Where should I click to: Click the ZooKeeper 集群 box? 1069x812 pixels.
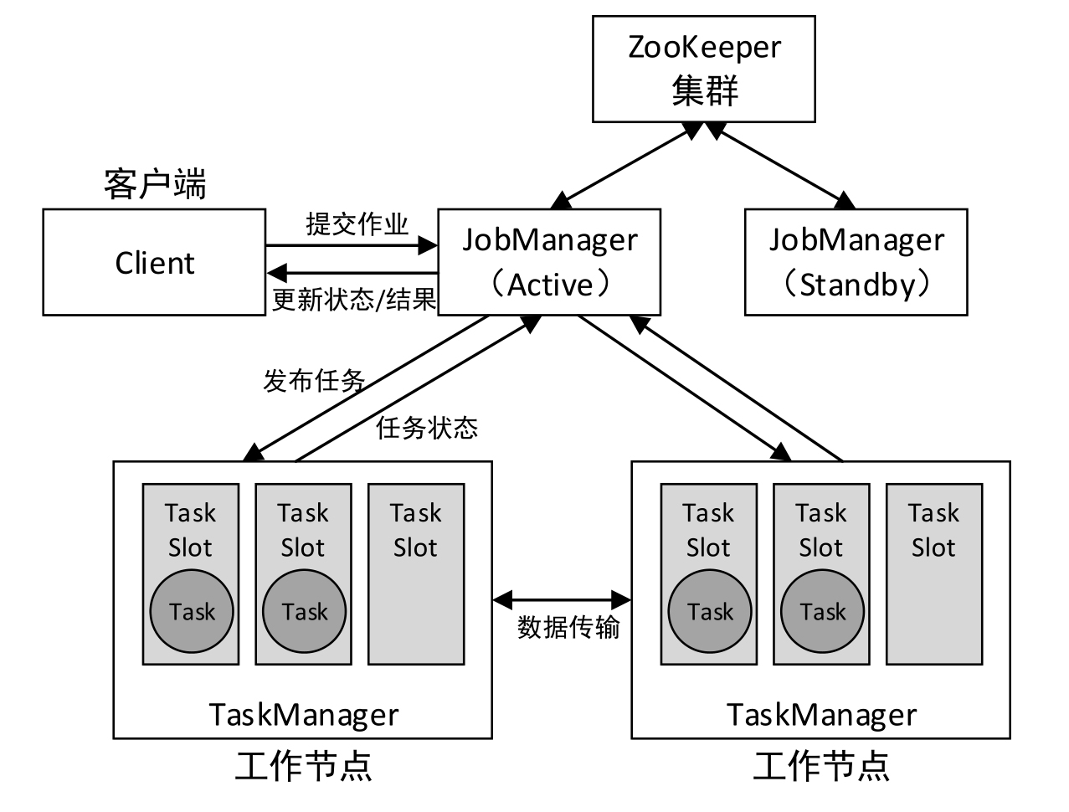tap(703, 69)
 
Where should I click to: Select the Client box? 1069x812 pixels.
tap(154, 263)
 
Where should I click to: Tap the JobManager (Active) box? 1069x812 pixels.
tap(549, 262)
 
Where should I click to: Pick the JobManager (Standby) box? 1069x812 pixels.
tap(856, 262)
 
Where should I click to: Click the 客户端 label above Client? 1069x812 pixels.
tap(155, 184)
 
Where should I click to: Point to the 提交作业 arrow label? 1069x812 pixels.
tap(357, 224)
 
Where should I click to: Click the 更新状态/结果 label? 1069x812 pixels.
tap(353, 300)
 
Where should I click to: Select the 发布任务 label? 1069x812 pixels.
tap(314, 381)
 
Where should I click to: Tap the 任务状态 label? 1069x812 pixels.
tap(427, 428)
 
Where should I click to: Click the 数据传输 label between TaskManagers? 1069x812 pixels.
tap(568, 627)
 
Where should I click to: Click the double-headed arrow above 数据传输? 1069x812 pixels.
tap(562, 599)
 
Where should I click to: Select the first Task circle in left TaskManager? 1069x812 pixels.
tap(192, 611)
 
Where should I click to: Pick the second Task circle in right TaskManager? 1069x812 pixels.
tap(822, 611)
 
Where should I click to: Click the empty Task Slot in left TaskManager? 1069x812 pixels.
tap(416, 573)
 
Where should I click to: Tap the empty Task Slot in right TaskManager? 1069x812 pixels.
tap(933, 573)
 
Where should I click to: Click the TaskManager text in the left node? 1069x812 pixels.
tap(303, 715)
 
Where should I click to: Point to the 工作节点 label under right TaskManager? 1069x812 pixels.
tap(820, 766)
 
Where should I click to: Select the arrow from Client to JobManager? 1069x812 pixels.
tap(352, 246)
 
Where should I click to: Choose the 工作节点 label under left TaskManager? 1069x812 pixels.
tap(303, 766)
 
